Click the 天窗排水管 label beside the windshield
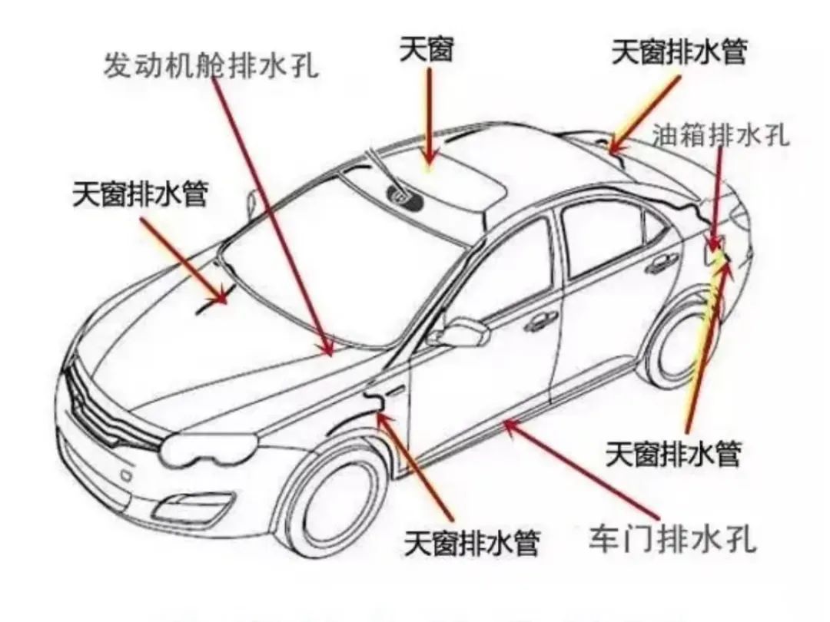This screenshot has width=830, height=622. click(x=140, y=193)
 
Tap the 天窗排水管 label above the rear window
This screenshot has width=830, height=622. click(x=679, y=53)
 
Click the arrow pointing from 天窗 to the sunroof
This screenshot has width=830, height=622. click(x=429, y=115)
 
